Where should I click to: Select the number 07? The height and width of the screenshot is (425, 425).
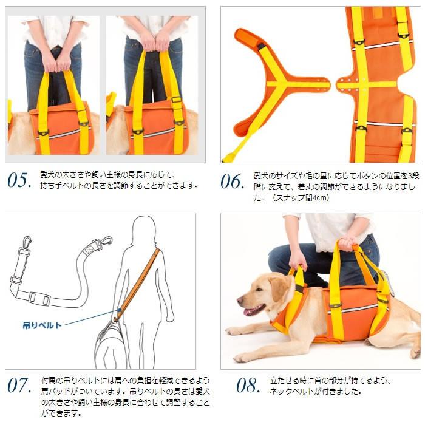[19, 385]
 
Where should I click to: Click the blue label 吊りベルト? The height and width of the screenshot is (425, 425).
[42, 325]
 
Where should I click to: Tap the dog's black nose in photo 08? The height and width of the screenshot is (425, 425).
[240, 302]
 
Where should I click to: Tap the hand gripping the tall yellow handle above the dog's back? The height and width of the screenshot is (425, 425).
[347, 243]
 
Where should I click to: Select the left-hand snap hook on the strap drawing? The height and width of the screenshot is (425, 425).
[26, 243]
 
